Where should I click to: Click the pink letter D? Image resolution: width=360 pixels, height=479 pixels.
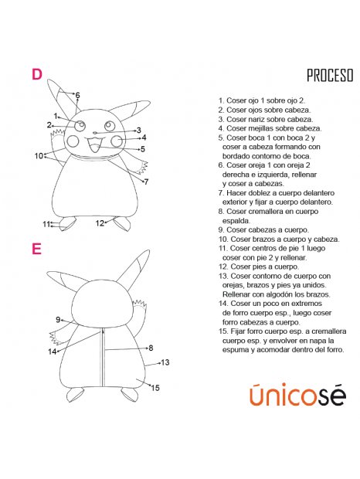point(36,74)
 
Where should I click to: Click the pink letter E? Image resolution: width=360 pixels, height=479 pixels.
point(36,249)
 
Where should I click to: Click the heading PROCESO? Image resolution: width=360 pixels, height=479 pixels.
point(329,76)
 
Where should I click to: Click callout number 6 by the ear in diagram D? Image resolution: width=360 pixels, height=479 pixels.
point(77,95)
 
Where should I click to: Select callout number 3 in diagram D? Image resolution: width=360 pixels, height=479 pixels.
point(138,130)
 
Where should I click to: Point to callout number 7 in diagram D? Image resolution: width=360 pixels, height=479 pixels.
point(146,182)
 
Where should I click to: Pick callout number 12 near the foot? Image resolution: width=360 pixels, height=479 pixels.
point(100,223)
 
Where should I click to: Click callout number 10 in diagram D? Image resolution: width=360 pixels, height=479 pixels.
point(39,155)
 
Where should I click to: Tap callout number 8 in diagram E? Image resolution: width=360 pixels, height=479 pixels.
point(151,348)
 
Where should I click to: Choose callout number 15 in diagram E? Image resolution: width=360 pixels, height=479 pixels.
point(155,388)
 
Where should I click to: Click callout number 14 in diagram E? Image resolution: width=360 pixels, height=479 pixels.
point(52,352)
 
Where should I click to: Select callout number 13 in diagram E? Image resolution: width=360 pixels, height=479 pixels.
point(165,362)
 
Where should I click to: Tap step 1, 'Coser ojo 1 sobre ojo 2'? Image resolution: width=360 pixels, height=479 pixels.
point(262,100)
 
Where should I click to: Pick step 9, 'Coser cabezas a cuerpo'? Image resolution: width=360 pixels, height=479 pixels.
point(263,229)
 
